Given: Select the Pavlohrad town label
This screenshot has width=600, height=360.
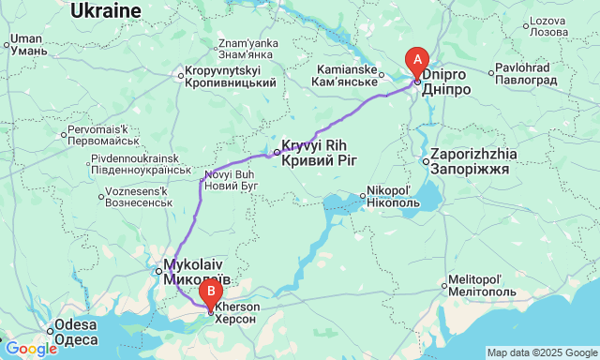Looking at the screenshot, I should click(x=523, y=73).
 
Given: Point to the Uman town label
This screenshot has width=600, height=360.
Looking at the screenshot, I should click(x=27, y=45).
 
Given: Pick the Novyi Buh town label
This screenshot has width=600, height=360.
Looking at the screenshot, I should click(x=230, y=180).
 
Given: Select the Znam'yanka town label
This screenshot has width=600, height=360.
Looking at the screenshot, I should click(x=247, y=48).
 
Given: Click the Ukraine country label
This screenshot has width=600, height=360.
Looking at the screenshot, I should click(x=106, y=10).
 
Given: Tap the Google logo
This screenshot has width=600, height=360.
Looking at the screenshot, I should click(x=30, y=349).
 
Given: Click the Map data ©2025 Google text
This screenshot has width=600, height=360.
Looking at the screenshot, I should click(x=541, y=352).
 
